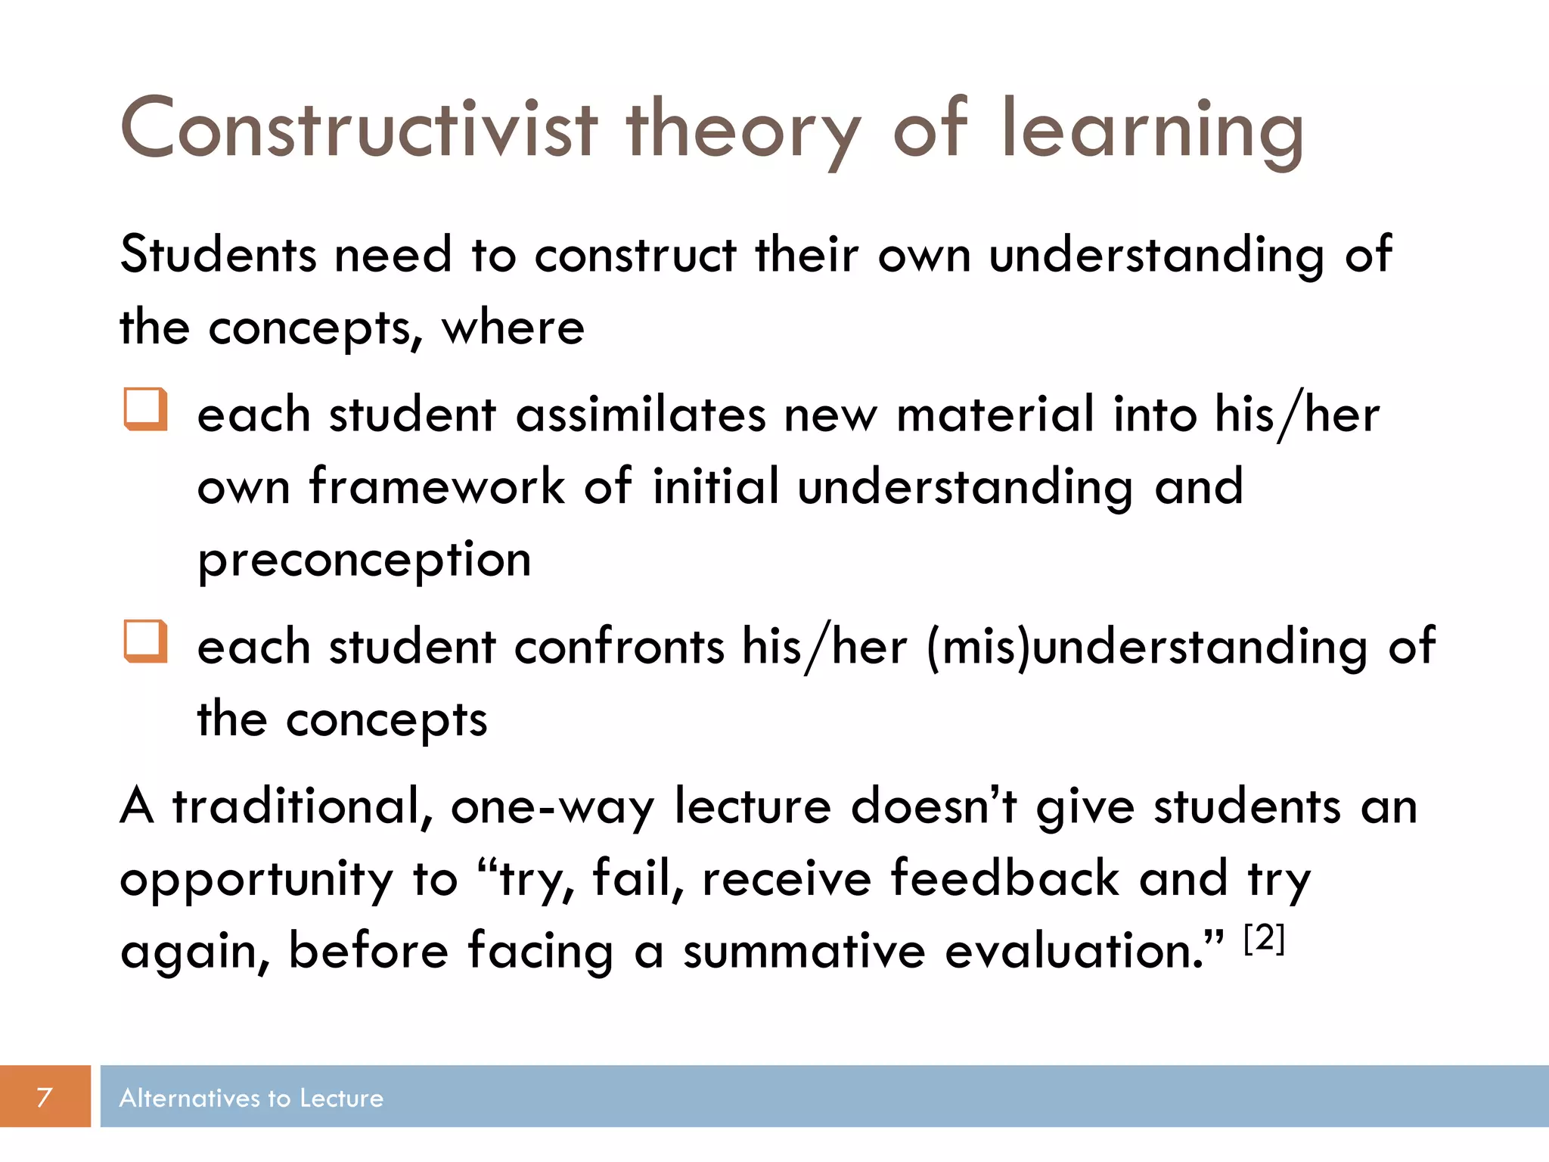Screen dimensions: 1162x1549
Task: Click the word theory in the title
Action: [743, 130]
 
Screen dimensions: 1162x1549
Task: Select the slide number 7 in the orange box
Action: [45, 1096]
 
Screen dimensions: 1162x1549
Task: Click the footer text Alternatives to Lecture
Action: [251, 1098]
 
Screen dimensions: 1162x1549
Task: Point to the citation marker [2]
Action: [1264, 939]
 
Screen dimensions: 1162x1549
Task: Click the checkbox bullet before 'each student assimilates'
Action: [145, 409]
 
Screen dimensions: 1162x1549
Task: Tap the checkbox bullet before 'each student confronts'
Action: [145, 642]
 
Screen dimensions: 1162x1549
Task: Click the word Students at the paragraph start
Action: [218, 254]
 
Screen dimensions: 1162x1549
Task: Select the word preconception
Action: [364, 561]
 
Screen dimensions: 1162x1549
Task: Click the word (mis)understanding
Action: [1147, 648]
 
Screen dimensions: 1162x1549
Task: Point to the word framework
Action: [436, 486]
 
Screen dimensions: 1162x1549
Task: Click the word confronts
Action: [619, 648]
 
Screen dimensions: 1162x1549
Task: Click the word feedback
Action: [1004, 879]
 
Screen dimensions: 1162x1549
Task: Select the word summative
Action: [804, 951]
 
